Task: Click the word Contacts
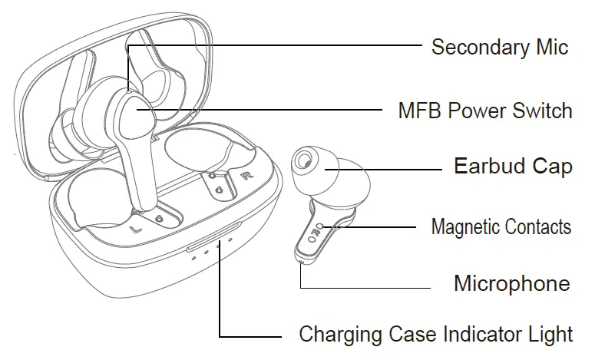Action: [x=538, y=226]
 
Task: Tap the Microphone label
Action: [x=511, y=283]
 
